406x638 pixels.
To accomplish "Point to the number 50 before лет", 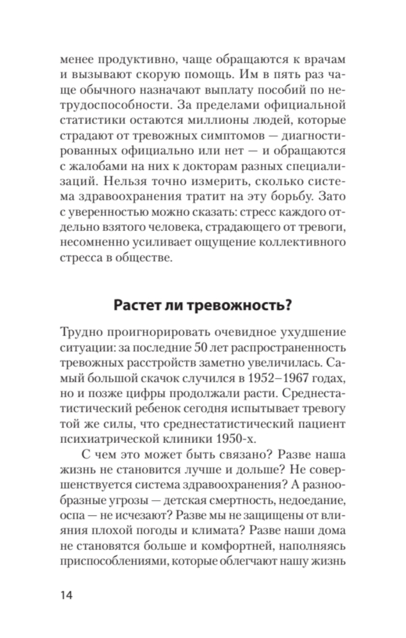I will (203, 348).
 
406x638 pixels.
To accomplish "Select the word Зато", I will (332, 196).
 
